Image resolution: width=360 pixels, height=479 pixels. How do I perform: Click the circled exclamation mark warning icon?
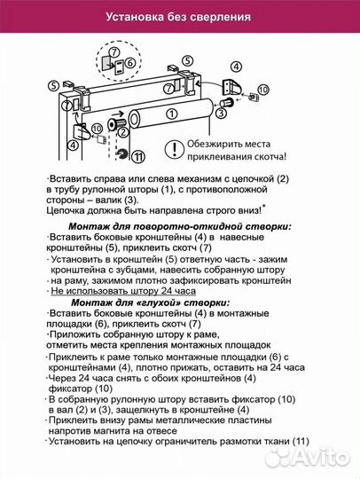point(175,147)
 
